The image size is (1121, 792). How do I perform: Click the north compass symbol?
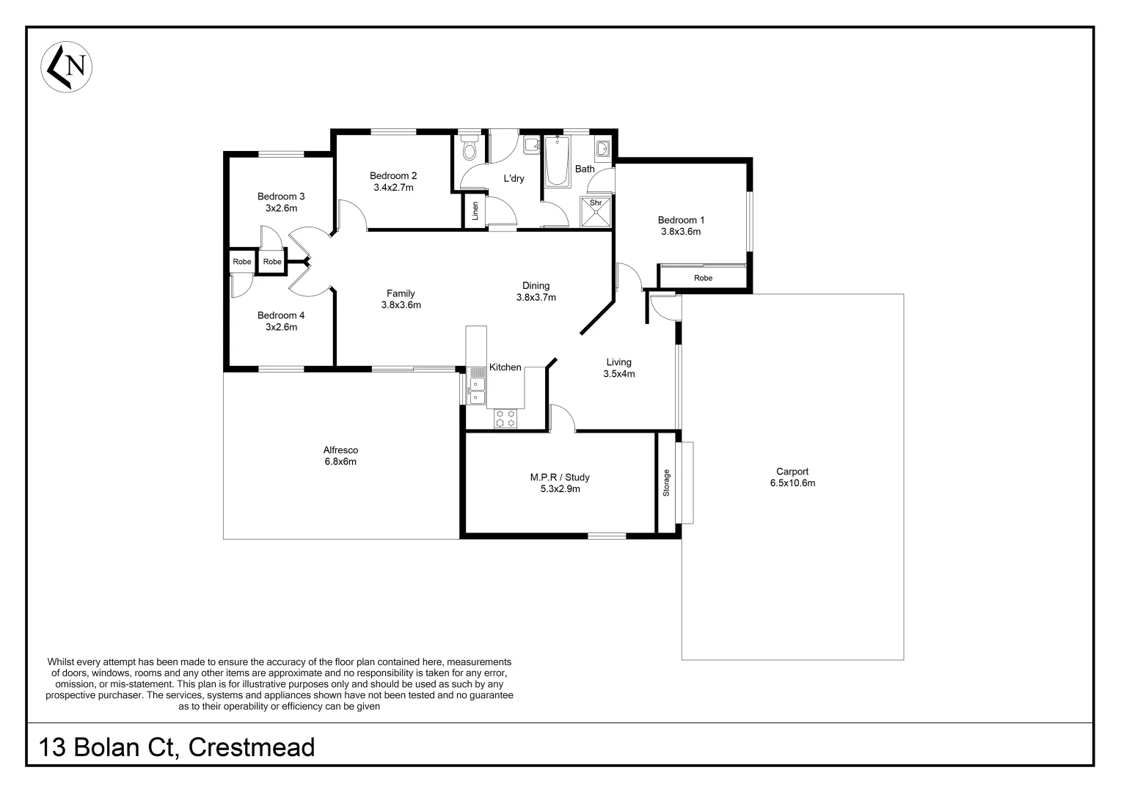tap(66, 67)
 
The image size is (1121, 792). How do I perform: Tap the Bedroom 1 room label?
tap(680, 220)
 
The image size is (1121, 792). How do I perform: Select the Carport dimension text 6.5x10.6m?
tap(792, 483)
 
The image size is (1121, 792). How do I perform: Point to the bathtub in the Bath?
tap(557, 164)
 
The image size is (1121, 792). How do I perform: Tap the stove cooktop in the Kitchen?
tap(505, 418)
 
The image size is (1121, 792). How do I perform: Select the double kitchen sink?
tap(478, 390)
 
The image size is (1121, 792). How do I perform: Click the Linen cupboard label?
tap(475, 211)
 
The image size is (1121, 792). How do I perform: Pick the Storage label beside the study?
tap(666, 483)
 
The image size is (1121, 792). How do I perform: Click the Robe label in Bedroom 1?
tap(703, 278)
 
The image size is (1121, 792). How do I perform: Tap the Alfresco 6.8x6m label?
tap(340, 455)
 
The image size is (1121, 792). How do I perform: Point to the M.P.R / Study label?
tap(560, 477)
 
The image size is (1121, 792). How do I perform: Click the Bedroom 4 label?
tap(281, 315)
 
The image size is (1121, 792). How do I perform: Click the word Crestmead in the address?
tap(252, 747)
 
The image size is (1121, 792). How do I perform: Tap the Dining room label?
tap(536, 286)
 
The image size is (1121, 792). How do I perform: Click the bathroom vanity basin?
tap(602, 150)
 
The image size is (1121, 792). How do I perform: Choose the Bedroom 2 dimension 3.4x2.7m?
tap(393, 188)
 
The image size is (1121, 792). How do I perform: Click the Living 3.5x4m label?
tap(618, 368)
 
